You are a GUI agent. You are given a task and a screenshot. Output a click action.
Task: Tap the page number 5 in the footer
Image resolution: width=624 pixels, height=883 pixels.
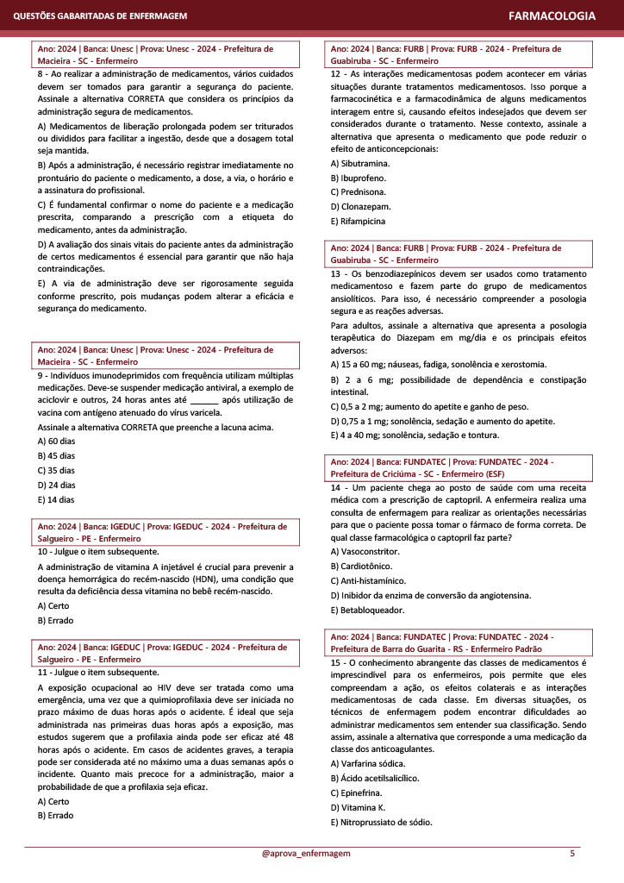[x=572, y=854]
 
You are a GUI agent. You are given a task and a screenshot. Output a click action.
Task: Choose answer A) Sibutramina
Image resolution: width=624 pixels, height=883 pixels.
[x=360, y=163]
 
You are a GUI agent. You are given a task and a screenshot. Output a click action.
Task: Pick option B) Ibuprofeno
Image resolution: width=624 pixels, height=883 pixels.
[x=357, y=178]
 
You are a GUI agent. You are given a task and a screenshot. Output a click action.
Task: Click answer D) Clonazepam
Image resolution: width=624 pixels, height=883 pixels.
[x=360, y=207]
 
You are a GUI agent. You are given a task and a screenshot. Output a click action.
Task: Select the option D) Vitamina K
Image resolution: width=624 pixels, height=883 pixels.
[x=359, y=807]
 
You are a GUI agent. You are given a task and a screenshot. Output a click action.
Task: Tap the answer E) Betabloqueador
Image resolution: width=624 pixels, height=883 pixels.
[x=367, y=610]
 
